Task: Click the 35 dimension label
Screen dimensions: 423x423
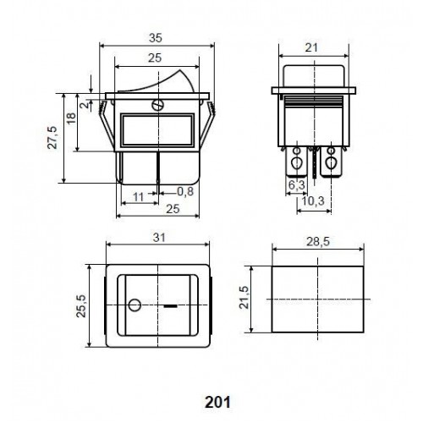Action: point(156,38)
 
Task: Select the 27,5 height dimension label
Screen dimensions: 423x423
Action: point(52,138)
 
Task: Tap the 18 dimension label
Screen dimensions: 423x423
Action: point(71,118)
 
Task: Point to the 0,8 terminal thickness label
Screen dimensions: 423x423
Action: point(185,191)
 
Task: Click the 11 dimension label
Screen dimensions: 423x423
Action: point(139,197)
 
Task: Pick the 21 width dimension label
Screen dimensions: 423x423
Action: point(311,47)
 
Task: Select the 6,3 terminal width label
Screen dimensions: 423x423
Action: point(297,185)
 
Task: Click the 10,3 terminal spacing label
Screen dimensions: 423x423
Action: point(313,201)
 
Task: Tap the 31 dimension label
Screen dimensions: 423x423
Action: point(159,238)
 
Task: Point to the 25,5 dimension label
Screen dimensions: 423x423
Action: point(81,306)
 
